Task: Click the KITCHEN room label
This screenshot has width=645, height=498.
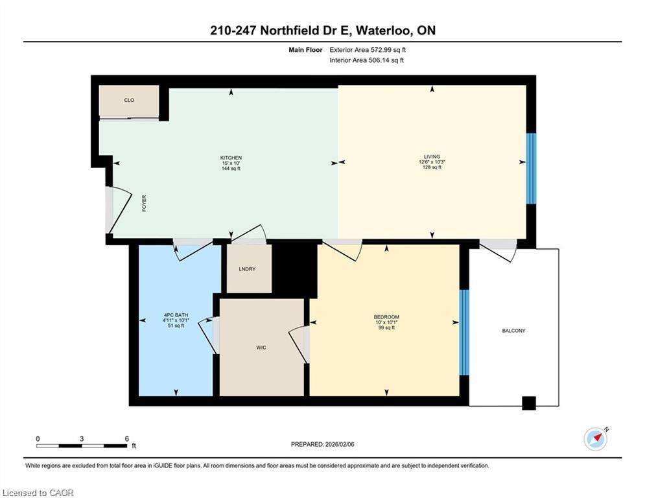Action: (231, 158)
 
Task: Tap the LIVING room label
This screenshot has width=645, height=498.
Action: (432, 156)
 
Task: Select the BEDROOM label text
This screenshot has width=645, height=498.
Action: (386, 317)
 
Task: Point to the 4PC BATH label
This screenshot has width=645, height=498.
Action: (176, 315)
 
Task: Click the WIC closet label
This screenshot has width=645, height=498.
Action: (261, 348)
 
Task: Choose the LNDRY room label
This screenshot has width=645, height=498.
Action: (247, 269)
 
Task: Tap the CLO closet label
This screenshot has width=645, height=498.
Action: (129, 100)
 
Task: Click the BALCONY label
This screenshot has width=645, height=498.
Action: (514, 331)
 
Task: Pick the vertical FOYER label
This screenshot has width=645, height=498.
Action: (144, 204)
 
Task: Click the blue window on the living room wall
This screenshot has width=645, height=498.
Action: (531, 169)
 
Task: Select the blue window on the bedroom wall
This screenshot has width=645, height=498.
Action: (464, 333)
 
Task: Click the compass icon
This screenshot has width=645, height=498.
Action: (596, 439)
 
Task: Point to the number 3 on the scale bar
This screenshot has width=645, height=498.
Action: (82, 439)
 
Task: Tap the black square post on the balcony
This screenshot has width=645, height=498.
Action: (529, 403)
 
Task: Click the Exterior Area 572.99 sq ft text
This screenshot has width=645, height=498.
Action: (368, 50)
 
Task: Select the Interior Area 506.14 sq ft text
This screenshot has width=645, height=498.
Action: (366, 60)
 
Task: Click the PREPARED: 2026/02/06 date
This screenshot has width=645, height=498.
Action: (323, 444)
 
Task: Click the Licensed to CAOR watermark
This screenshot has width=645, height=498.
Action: (38, 493)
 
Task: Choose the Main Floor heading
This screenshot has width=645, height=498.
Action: (305, 50)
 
